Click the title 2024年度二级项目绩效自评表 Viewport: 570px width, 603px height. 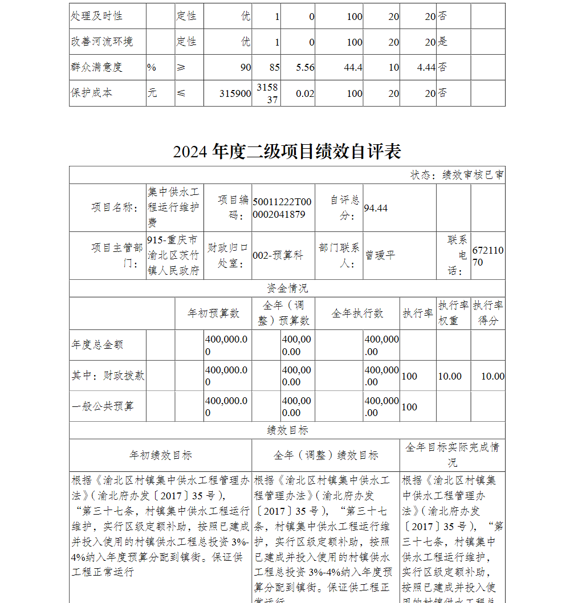pos(287,151)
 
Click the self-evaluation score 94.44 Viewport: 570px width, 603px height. pos(376,208)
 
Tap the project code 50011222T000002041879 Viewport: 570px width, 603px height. pos(282,208)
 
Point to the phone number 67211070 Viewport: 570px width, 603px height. pos(487,256)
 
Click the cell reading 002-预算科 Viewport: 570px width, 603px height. pos(278,256)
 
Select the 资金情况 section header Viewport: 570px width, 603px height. pos(287,288)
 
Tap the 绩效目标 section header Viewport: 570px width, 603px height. pos(287,430)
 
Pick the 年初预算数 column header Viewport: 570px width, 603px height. pos(214,313)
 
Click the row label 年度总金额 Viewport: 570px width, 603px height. pos(97,345)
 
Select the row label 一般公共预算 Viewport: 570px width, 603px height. pos(103,406)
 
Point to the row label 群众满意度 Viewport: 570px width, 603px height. pos(97,67)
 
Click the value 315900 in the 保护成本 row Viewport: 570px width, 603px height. pos(235,93)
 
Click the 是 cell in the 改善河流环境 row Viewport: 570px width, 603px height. pos(443,42)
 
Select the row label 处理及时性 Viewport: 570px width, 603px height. pos(97,16)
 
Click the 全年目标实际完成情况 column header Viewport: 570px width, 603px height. pos(452,454)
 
